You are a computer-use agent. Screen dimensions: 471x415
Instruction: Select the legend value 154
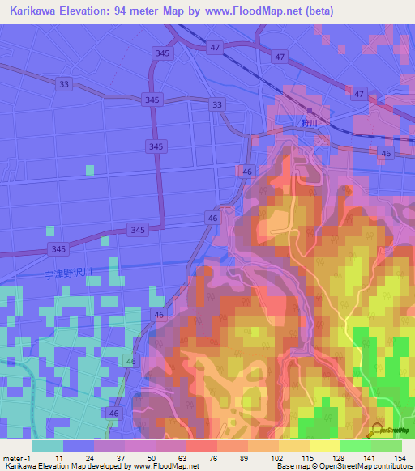tap(400, 457)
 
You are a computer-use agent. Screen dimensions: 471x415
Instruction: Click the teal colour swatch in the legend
tap(47, 446)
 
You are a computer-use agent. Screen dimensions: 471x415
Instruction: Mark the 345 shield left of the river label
tap(58, 248)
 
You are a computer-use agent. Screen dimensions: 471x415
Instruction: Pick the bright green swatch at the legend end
tap(387, 446)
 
